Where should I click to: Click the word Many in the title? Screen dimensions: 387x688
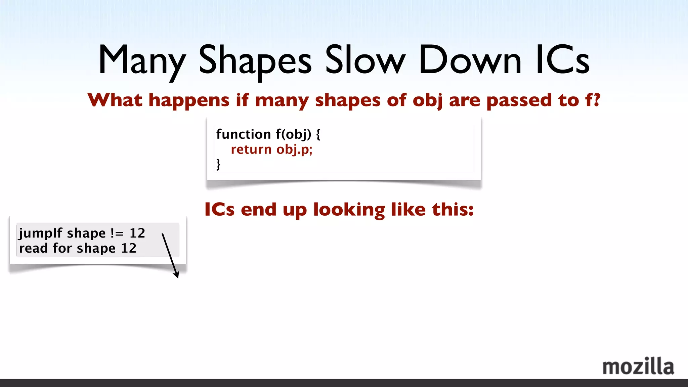tap(142, 60)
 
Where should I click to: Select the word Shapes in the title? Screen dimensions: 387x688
tap(255, 60)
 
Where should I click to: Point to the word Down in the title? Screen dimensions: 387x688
tap(470, 60)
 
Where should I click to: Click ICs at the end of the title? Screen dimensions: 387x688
tap(563, 60)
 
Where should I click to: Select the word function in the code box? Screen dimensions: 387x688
tap(244, 134)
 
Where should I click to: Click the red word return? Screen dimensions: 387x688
tap(251, 149)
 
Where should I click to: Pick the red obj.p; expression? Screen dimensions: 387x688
tap(294, 149)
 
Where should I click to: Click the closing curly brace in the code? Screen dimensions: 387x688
tap(218, 164)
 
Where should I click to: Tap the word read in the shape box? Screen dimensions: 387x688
tap(33, 248)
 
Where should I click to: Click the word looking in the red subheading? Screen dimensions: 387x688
tap(349, 210)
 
